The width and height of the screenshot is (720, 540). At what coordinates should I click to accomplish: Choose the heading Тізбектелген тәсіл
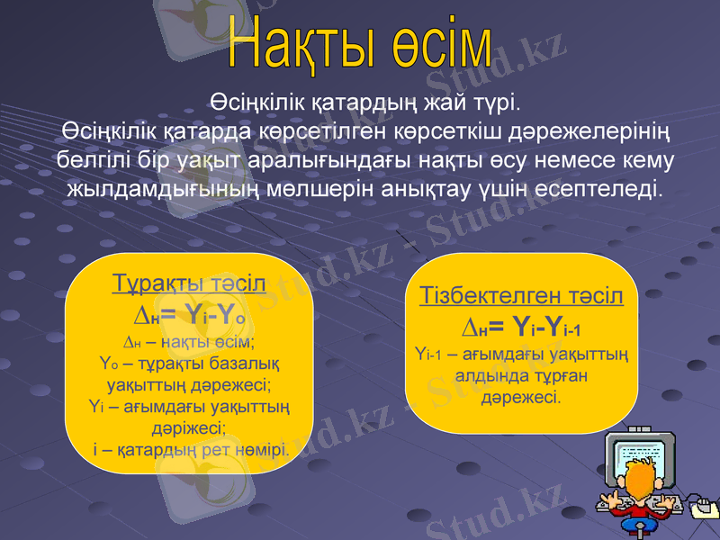coord(521,296)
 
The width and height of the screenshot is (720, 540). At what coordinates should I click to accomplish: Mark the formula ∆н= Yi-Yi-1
coord(521,326)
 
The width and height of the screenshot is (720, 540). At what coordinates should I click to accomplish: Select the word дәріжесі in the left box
coord(189,427)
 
